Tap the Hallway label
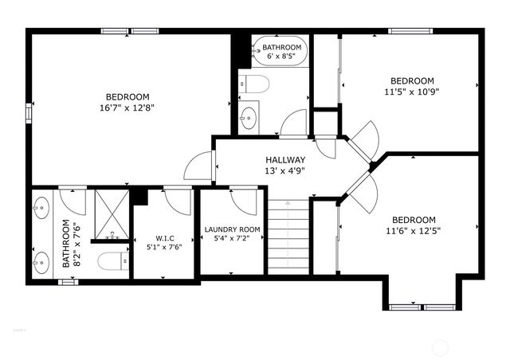tap(284, 159)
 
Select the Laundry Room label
tap(232, 229)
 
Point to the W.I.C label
tap(164, 237)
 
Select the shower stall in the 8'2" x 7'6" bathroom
tap(111, 214)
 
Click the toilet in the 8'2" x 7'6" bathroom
tap(111, 260)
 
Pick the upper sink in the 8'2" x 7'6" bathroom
tap(41, 209)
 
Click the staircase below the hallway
tap(288, 236)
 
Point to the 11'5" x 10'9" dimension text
tap(412, 92)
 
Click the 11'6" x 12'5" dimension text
tap(414, 231)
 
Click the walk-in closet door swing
tap(178, 201)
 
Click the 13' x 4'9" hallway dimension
tap(284, 170)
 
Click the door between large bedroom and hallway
tap(198, 166)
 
